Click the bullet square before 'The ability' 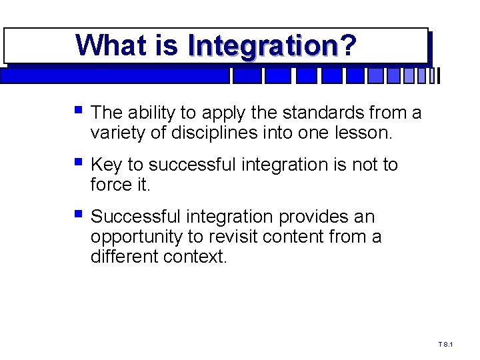tap(79, 109)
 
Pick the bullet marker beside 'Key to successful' tap(79, 161)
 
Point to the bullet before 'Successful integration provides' tap(79, 213)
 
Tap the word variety tap(115, 133)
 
